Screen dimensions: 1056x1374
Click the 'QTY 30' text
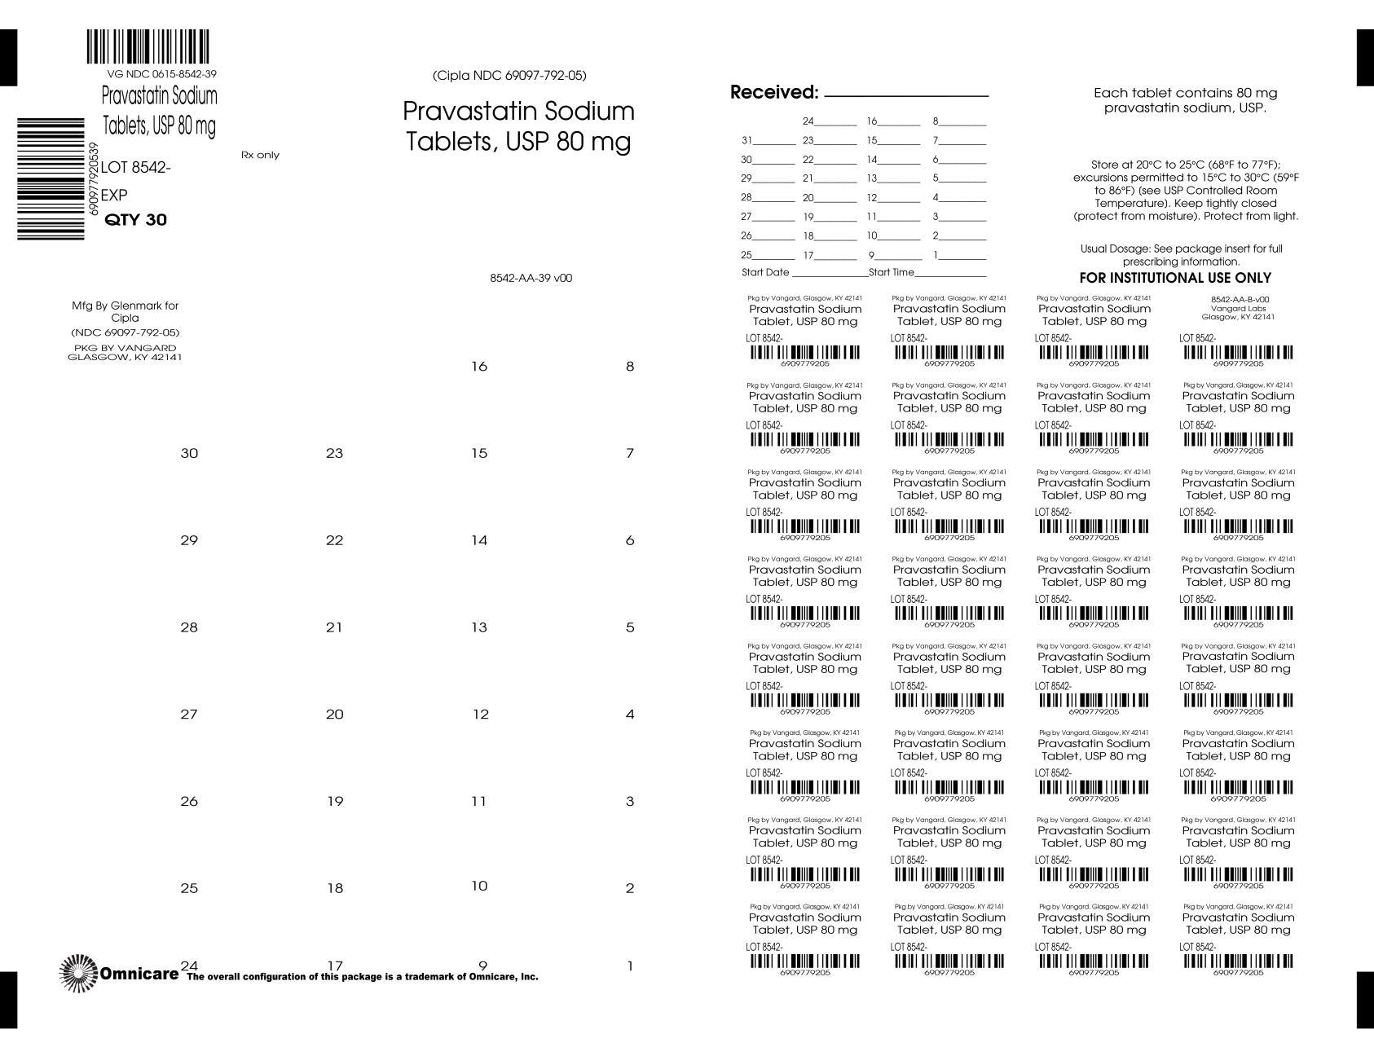pos(136,220)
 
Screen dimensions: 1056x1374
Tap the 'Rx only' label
pos(260,155)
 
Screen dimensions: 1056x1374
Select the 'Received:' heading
pos(773,93)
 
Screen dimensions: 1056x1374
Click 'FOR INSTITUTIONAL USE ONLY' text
pos(1186,278)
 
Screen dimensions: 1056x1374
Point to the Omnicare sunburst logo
pos(78,973)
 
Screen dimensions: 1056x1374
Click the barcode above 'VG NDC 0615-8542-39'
pos(148,47)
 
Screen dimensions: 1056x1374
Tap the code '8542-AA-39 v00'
pos(531,278)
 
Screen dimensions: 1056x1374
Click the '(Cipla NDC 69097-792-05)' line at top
pos(509,76)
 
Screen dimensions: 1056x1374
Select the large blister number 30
pos(189,453)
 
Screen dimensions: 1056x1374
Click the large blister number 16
pos(479,367)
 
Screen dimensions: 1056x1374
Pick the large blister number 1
pos(630,966)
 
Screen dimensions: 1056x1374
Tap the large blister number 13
pos(479,627)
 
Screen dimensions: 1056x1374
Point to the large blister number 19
pos(335,801)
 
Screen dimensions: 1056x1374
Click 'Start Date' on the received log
pos(765,272)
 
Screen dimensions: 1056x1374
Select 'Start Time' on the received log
pos(892,272)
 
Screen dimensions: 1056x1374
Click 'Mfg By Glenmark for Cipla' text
pos(125,311)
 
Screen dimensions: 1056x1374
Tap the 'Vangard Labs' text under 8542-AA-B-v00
pos(1237,308)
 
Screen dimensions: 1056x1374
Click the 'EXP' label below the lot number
pos(114,196)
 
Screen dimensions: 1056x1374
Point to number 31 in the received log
pos(746,140)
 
